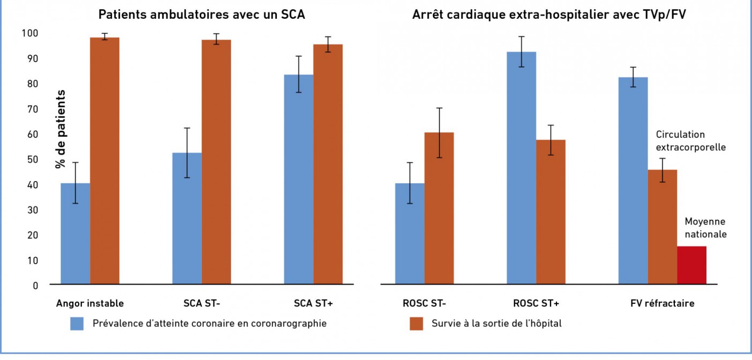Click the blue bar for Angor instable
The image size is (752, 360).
[75, 234]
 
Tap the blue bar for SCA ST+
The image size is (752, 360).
[298, 179]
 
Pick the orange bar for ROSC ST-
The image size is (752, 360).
[439, 208]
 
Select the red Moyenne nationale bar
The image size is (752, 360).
[691, 265]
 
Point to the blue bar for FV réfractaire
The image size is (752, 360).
[633, 181]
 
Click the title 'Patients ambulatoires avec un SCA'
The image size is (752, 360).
[201, 14]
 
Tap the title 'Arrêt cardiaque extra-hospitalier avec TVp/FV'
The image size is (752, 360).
[549, 14]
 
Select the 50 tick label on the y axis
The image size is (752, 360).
[32, 159]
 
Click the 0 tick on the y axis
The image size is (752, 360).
[35, 285]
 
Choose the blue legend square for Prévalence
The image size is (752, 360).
[77, 324]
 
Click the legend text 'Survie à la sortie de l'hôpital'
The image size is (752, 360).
[497, 324]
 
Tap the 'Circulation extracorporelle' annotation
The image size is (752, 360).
[691, 140]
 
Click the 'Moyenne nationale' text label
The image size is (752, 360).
[705, 228]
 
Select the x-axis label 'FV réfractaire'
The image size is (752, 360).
[662, 303]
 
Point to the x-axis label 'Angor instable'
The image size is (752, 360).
[90, 303]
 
